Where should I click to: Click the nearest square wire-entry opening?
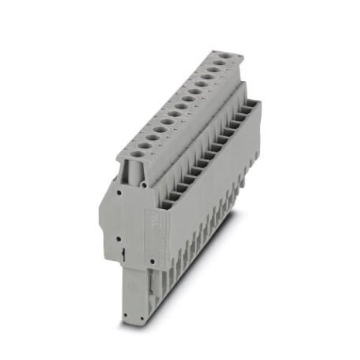pos(167,205)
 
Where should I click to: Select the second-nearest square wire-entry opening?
pos(175,196)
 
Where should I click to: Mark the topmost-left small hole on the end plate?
pos(116,189)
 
